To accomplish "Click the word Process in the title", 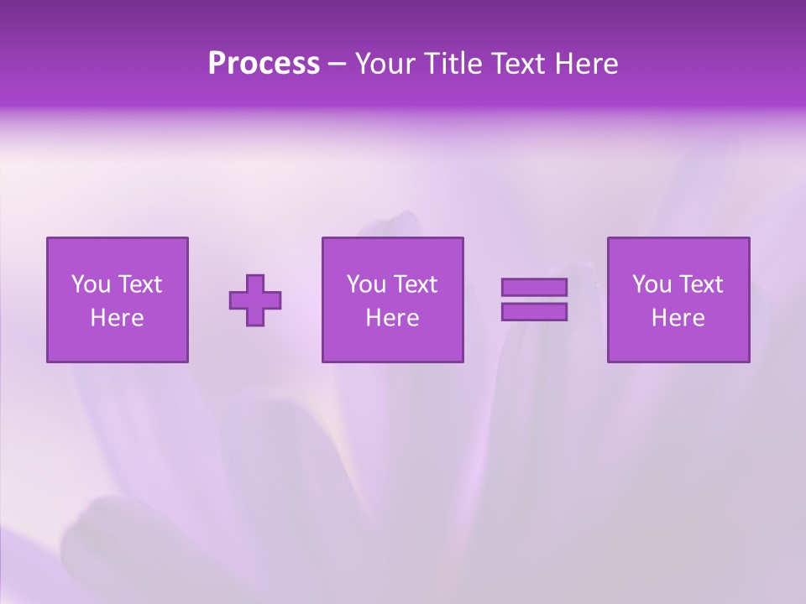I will [x=264, y=64].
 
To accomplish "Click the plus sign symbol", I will [x=255, y=299].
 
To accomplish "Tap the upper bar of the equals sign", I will [x=534, y=287].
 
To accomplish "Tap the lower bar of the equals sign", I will [x=534, y=311].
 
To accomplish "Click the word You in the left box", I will [x=91, y=284].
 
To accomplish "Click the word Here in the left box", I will [x=117, y=318].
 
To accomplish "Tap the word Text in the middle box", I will [x=415, y=284].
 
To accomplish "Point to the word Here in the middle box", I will [x=392, y=318].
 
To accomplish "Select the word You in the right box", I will [x=652, y=284].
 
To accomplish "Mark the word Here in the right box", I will [x=678, y=318].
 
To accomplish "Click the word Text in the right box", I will [x=700, y=284].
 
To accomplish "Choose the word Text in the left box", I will [x=139, y=284].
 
